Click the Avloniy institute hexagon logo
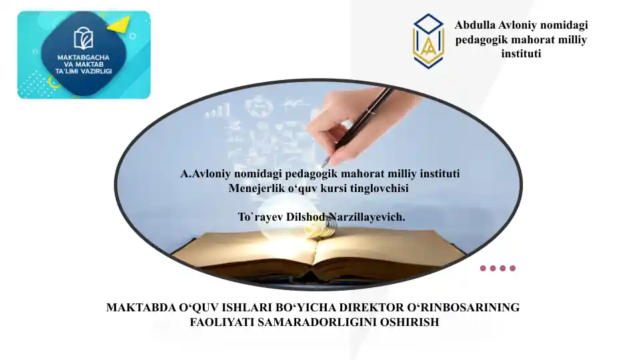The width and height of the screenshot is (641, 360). (428, 41)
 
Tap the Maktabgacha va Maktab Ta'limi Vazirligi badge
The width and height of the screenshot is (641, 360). (84, 55)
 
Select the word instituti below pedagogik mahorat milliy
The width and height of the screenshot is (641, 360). (521, 53)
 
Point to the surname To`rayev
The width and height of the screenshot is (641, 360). (261, 217)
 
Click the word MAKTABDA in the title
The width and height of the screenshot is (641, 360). (137, 308)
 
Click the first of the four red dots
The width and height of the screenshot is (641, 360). (483, 269)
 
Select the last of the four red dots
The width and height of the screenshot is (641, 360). (512, 269)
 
